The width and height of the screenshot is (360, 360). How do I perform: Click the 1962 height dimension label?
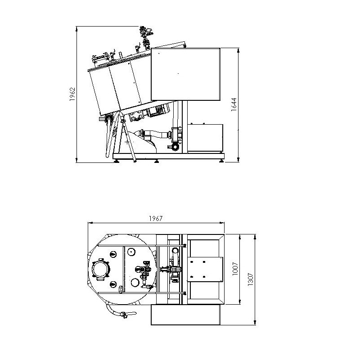pyautogui.click(x=72, y=94)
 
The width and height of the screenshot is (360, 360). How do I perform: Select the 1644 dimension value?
pyautogui.click(x=234, y=105)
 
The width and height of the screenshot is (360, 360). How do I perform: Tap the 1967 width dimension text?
pyautogui.click(x=156, y=218)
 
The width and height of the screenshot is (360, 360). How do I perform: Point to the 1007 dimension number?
pyautogui.click(x=235, y=269)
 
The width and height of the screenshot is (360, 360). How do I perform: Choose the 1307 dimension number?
pyautogui.click(x=251, y=279)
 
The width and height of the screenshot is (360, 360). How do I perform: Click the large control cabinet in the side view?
pyautogui.click(x=185, y=74)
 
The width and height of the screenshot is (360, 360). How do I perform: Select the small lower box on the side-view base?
pyautogui.click(x=205, y=138)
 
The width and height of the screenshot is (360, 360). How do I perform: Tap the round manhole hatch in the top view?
pyautogui.click(x=100, y=269)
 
